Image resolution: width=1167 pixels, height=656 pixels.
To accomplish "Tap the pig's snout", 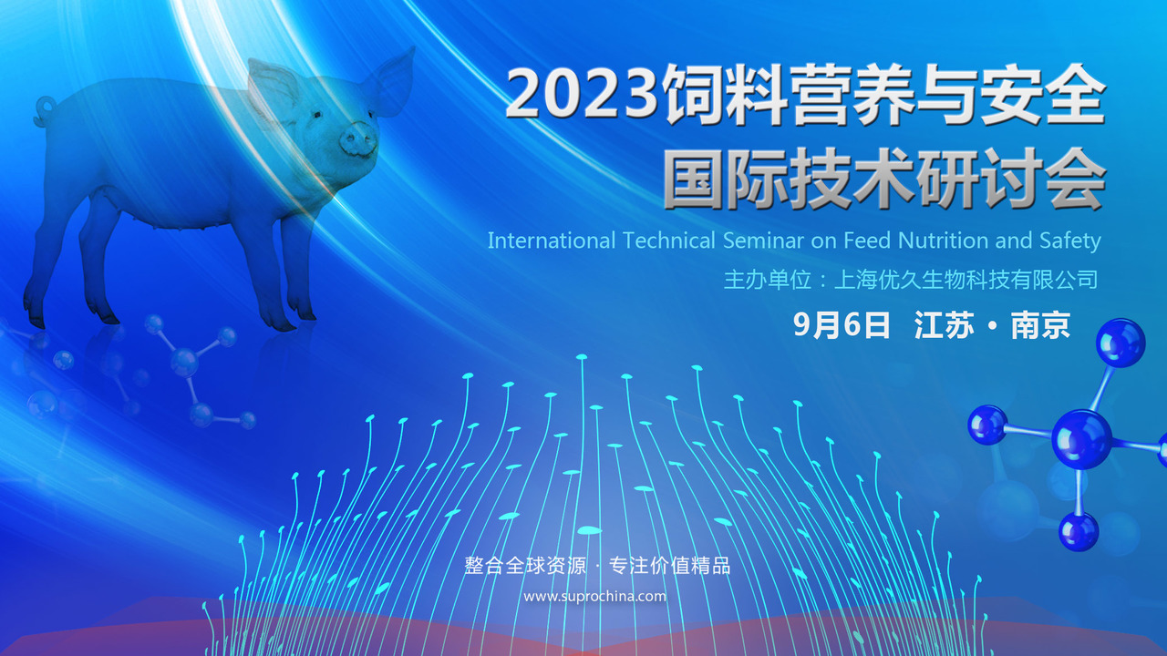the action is pyautogui.click(x=358, y=139).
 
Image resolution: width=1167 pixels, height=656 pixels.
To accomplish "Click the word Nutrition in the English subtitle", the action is pyautogui.click(x=943, y=241).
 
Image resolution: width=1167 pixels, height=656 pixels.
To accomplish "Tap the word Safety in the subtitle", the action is pyautogui.click(x=1070, y=241).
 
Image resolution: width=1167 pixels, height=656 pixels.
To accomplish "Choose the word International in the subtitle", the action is pyautogui.click(x=552, y=241).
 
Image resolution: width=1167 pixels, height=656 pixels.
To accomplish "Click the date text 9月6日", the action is pyautogui.click(x=842, y=325).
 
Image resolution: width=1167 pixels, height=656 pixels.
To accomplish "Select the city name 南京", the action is pyautogui.click(x=1040, y=325).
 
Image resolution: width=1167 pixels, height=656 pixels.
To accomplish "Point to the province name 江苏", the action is pyautogui.click(x=944, y=325).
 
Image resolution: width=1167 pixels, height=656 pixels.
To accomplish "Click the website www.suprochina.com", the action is pyautogui.click(x=595, y=597).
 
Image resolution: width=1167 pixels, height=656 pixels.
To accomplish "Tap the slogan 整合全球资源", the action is pyautogui.click(x=525, y=566).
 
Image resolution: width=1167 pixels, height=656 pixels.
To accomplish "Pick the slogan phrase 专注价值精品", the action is pyautogui.click(x=669, y=566).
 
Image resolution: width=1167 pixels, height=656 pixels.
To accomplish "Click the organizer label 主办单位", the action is pyautogui.click(x=768, y=280).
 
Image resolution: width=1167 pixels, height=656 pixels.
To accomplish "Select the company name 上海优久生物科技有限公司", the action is pyautogui.click(x=966, y=280).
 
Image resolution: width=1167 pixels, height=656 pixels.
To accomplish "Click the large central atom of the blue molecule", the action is pyautogui.click(x=1081, y=438).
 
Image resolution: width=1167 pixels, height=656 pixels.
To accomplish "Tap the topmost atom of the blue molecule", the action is pyautogui.click(x=1121, y=343).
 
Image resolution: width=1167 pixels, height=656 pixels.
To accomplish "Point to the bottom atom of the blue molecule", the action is pyautogui.click(x=1079, y=531).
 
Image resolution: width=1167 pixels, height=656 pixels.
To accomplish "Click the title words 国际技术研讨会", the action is pyautogui.click(x=884, y=179).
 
